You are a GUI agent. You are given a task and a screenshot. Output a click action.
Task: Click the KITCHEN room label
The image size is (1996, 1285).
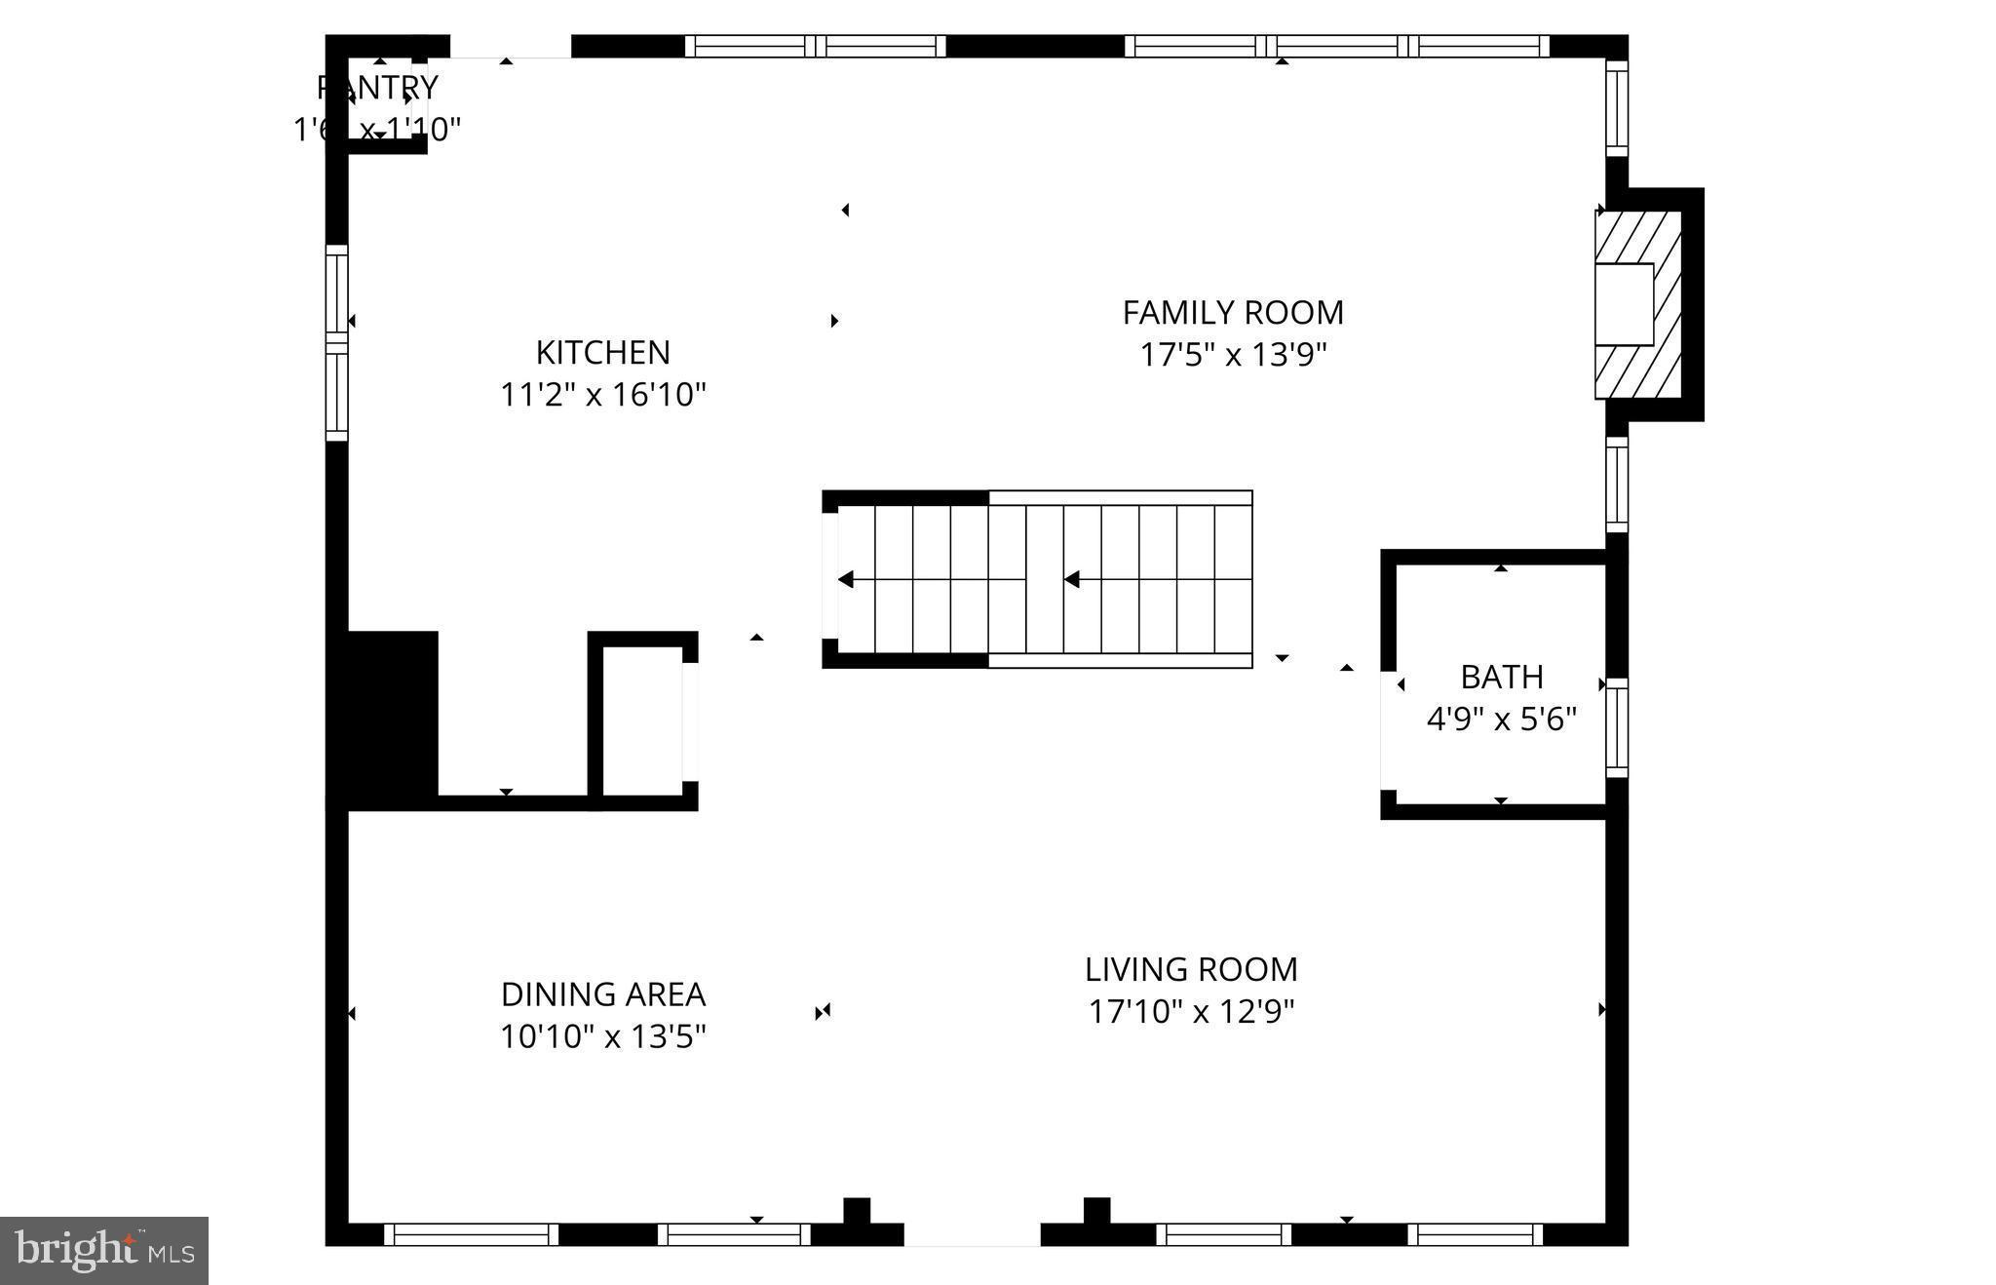click(x=602, y=352)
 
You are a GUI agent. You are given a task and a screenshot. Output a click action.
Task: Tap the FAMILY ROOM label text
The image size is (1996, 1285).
click(x=1233, y=313)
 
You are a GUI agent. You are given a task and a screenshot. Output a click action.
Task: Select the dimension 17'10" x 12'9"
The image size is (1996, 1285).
click(x=1190, y=1012)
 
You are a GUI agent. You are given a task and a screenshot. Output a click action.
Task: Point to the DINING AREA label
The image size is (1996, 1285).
click(x=602, y=994)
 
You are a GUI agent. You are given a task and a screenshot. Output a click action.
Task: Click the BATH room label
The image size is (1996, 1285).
click(x=1501, y=677)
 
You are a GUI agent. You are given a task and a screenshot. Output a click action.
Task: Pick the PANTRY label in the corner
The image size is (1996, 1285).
click(x=378, y=88)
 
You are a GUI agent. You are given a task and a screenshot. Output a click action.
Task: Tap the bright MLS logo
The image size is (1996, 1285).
click(x=104, y=1250)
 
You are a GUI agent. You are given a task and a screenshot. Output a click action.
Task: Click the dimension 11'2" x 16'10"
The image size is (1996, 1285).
click(x=602, y=395)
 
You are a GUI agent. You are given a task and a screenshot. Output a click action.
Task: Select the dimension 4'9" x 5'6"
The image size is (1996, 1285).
click(x=1501, y=720)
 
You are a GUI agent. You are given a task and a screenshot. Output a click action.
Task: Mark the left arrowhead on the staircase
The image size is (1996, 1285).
click(x=846, y=580)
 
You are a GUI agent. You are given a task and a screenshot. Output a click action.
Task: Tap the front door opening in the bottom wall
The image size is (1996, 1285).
click(x=972, y=1235)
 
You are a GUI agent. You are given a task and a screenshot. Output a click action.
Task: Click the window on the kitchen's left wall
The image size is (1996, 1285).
click(x=336, y=342)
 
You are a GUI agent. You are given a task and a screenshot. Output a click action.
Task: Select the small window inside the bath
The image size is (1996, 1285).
click(x=1616, y=727)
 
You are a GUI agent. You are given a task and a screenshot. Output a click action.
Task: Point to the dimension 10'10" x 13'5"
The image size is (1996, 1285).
click(x=602, y=1036)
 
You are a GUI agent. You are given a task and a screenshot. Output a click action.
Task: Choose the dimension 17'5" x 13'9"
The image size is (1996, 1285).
click(x=1233, y=355)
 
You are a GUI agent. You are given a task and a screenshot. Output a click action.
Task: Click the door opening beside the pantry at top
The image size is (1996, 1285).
click(x=510, y=47)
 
